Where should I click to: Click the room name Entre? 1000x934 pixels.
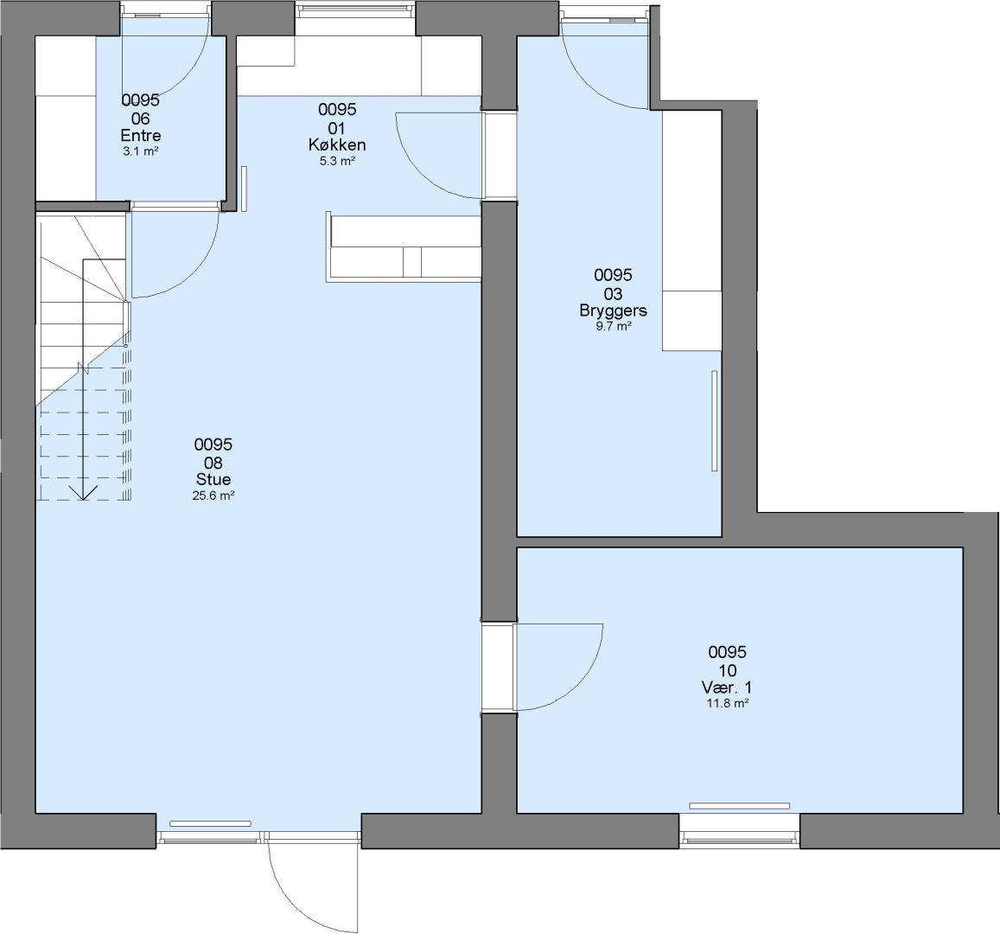point(140,135)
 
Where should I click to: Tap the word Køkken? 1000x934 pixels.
point(337,144)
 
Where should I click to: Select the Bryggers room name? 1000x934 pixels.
point(613,310)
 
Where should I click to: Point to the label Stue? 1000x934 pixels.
point(213,479)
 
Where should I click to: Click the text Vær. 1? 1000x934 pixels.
point(727,688)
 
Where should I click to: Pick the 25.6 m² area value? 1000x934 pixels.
point(213,495)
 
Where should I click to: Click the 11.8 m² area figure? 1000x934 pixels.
point(727,703)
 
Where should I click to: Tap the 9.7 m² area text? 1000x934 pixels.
point(613,326)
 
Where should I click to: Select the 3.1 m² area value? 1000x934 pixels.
point(140,151)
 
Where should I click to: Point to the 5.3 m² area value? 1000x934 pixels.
point(337,161)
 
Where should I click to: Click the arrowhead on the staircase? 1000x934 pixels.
point(84,493)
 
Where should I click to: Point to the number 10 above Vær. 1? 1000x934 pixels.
point(727,670)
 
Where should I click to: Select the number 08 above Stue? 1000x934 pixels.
point(213,463)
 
